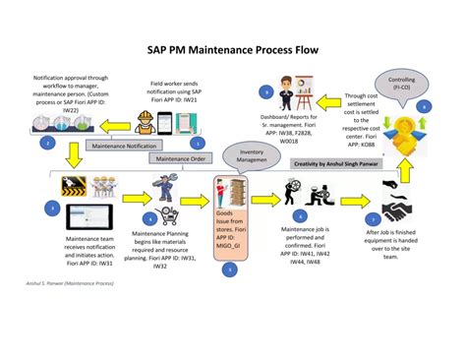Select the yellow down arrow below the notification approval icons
[x=71, y=156]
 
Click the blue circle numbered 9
[x=264, y=91]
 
